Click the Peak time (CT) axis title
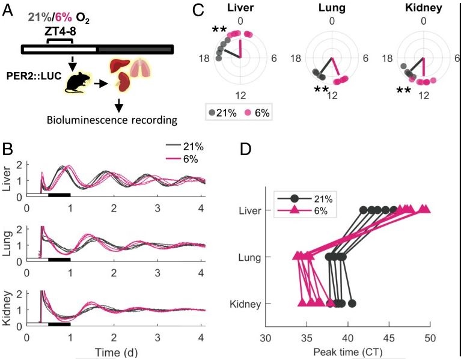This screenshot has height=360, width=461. pyautogui.click(x=347, y=349)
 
